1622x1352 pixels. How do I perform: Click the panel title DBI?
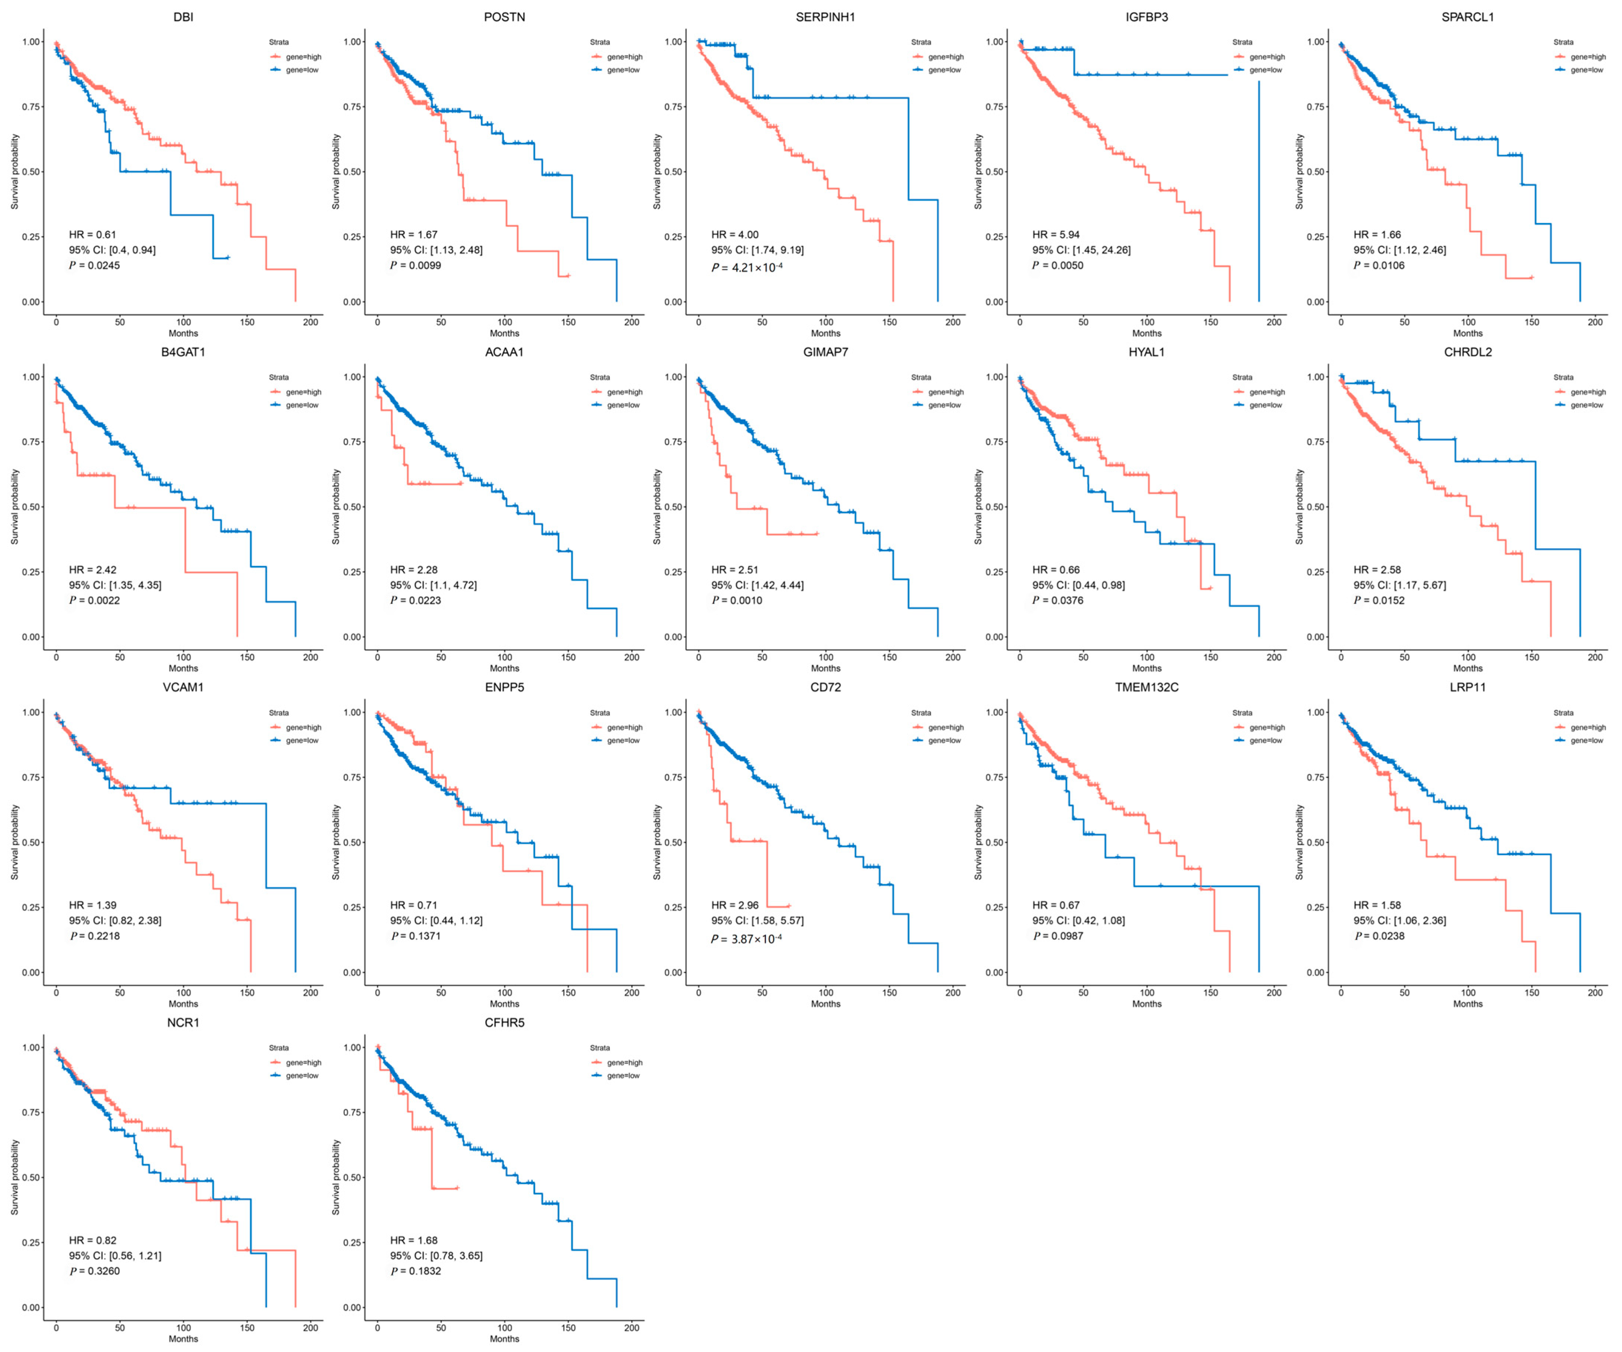click(183, 17)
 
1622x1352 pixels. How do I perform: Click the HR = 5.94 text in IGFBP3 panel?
click(1056, 235)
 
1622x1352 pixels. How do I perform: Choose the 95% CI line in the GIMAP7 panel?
click(757, 585)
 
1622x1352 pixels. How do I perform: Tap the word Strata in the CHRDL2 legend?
click(1563, 378)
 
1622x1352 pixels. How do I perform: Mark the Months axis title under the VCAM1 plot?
click(183, 1004)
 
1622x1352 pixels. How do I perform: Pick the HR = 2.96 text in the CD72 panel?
click(734, 905)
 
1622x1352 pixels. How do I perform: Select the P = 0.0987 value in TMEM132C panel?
click(1058, 936)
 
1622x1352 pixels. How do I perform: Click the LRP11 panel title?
click(1467, 687)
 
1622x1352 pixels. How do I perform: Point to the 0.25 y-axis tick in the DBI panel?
click(32, 237)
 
